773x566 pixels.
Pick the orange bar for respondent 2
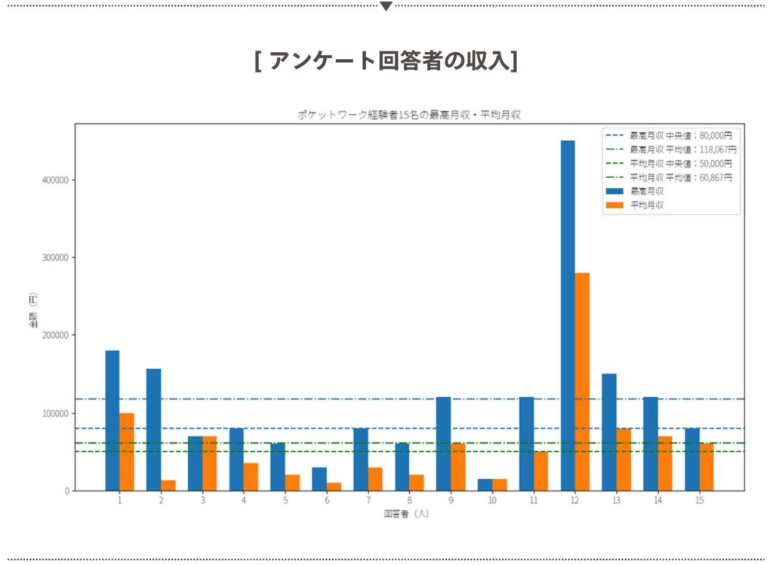(168, 485)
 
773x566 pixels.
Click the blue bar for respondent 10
(485, 484)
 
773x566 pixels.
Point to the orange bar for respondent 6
(334, 487)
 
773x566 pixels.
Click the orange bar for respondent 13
(624, 460)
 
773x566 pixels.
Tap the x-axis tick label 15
(700, 500)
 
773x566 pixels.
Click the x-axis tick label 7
(368, 500)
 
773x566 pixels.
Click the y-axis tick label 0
(66, 491)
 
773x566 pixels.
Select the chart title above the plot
(409, 115)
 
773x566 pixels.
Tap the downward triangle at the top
(386, 6)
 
